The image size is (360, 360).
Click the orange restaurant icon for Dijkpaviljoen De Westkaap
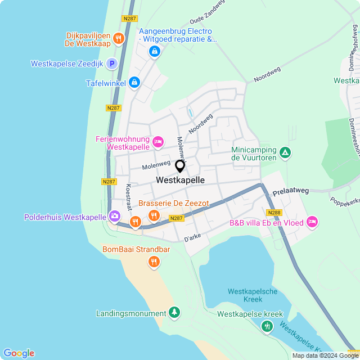[x=118, y=38]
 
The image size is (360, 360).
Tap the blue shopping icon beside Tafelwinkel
[x=134, y=83]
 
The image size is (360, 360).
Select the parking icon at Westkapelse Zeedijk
[x=112, y=64]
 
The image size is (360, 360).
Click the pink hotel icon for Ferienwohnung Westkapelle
[x=158, y=142]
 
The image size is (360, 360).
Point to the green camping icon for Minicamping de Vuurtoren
[x=285, y=152]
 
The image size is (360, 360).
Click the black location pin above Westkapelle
[x=180, y=166]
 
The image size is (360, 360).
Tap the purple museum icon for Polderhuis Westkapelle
[x=115, y=217]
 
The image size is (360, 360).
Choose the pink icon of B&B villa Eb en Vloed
[x=312, y=223]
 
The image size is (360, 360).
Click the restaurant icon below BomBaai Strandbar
[x=154, y=262]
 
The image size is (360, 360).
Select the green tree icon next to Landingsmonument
[x=174, y=313]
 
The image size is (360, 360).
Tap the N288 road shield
[x=274, y=212]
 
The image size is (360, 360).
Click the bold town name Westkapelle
[x=180, y=181]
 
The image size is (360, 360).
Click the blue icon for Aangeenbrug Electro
[x=154, y=52]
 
